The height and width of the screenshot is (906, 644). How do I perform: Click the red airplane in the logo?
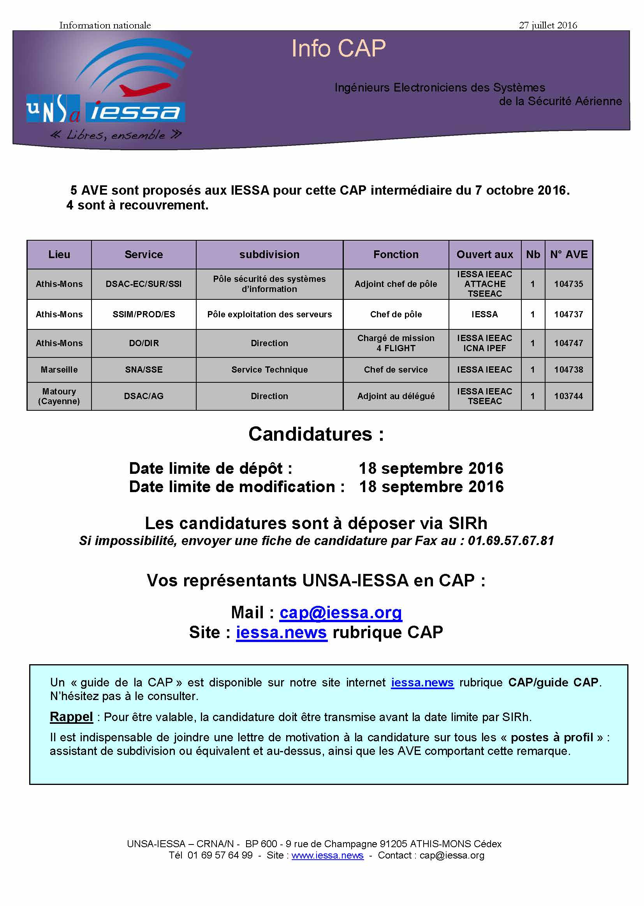145,89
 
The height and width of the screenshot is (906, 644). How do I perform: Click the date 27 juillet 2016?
548,25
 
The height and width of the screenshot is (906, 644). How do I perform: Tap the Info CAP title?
338,49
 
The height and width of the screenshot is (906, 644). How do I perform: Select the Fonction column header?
395,255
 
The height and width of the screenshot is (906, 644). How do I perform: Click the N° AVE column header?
568,255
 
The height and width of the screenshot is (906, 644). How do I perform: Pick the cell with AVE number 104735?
568,284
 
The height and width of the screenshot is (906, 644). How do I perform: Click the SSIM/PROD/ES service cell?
144,315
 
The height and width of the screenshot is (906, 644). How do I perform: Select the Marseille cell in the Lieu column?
59,369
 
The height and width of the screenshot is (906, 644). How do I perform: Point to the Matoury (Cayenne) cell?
59,396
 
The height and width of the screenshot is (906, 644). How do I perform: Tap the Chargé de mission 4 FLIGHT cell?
395,343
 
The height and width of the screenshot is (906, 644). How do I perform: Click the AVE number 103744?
568,396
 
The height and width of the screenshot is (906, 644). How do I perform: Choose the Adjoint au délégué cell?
395,396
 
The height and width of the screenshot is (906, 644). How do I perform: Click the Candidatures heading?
316,434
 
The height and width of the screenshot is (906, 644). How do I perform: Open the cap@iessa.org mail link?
341,612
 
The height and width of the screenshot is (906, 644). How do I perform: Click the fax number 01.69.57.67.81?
511,541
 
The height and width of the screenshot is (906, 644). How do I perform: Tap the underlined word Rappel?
71,717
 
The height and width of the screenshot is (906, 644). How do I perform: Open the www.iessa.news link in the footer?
327,855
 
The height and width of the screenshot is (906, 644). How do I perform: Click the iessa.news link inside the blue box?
422,683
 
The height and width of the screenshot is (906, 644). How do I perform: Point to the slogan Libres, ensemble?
116,135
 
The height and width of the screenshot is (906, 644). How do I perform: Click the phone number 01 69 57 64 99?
220,855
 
